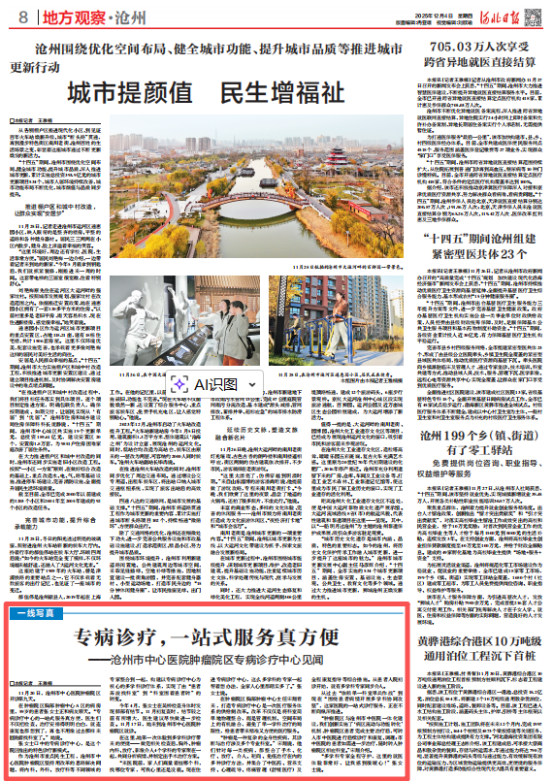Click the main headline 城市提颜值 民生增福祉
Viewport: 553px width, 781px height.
click(x=210, y=93)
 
